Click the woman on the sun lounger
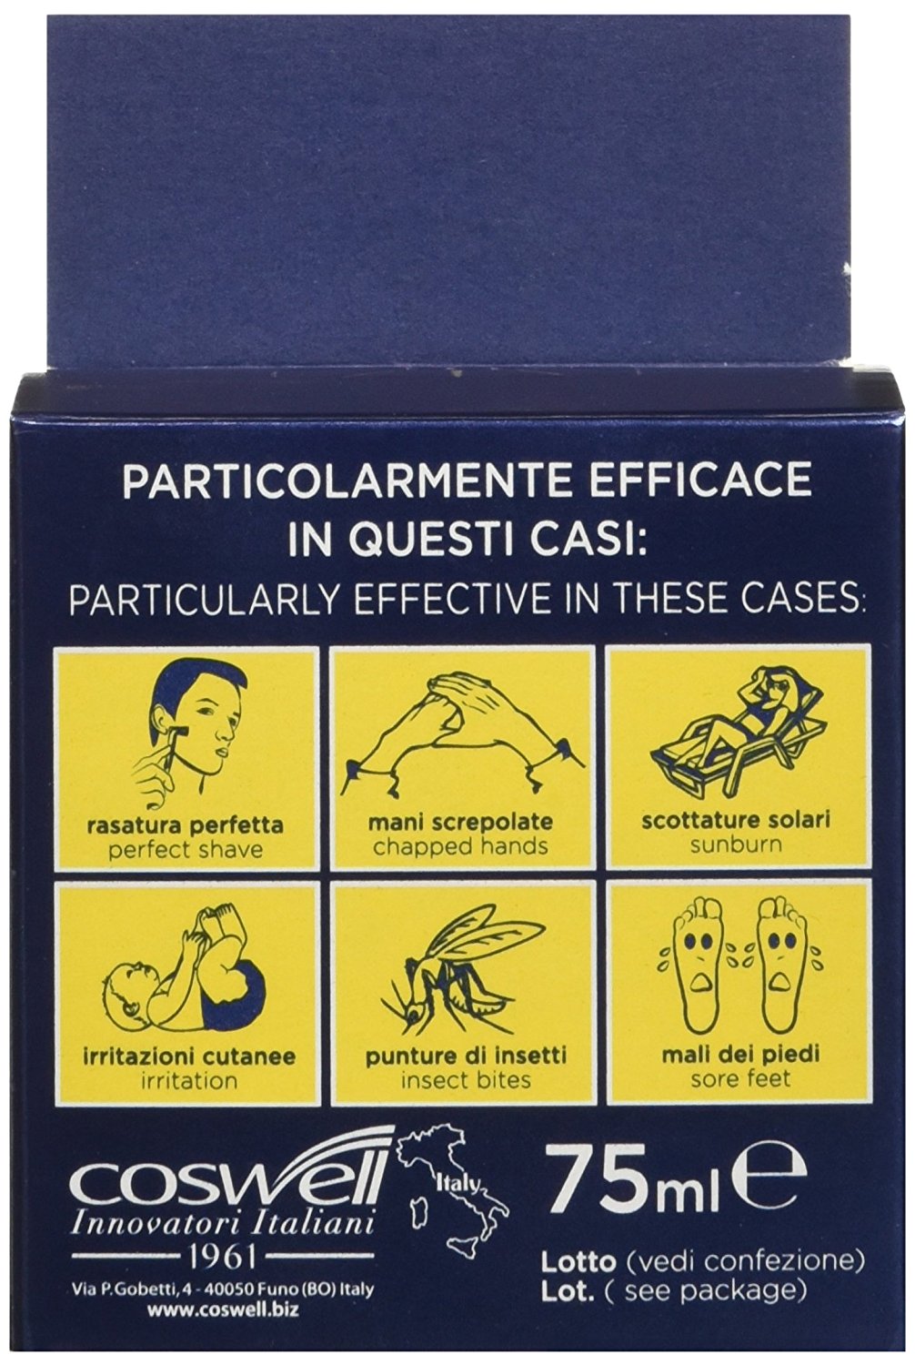click(x=728, y=728)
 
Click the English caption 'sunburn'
click(x=736, y=844)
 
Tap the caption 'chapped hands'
click(x=460, y=846)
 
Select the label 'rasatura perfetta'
click(x=185, y=826)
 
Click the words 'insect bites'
click(x=466, y=1080)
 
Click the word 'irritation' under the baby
click(x=189, y=1080)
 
